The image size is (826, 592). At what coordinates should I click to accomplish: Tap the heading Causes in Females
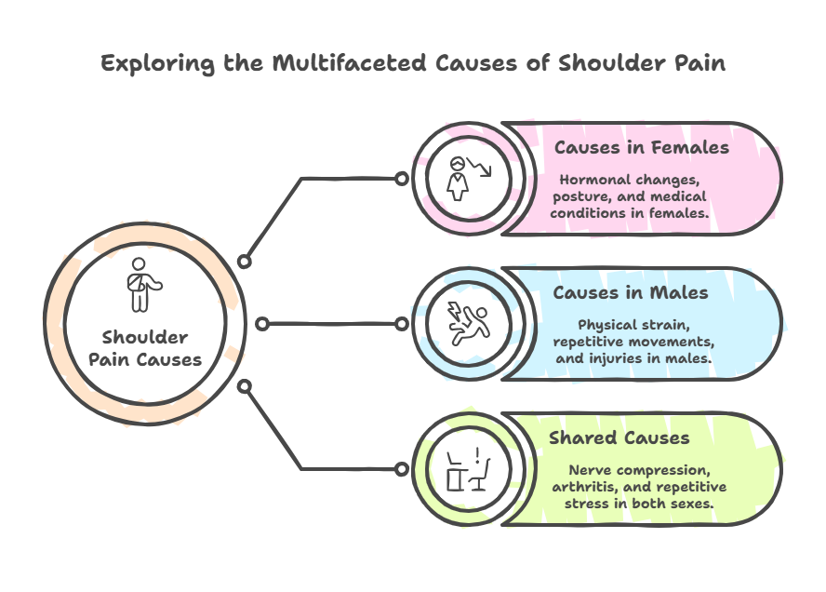(x=642, y=147)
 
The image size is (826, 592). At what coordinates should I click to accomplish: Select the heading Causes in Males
(x=631, y=292)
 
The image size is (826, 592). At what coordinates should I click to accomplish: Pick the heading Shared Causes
(x=619, y=437)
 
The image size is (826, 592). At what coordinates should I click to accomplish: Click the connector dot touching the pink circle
(x=401, y=179)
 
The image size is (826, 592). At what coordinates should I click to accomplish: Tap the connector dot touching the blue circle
(x=401, y=324)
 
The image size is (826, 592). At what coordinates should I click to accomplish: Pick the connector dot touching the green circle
(x=401, y=468)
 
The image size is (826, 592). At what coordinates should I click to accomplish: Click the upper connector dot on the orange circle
(x=245, y=262)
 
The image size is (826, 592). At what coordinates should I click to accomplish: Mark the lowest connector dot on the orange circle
(x=245, y=385)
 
